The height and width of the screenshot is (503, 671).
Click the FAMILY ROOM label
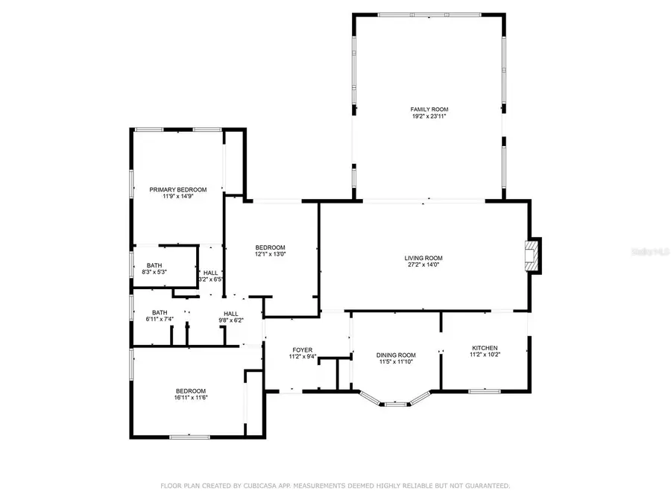[429, 109]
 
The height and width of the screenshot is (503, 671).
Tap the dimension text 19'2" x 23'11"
[429, 116]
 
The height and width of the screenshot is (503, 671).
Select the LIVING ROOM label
[423, 258]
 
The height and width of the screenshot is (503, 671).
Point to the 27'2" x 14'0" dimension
[423, 265]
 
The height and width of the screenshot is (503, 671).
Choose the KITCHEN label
[485, 348]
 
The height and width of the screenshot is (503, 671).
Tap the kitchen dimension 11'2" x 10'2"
[485, 355]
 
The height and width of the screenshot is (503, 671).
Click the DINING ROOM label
[395, 355]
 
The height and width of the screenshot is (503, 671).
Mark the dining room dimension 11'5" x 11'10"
[395, 362]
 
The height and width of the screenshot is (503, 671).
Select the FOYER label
[302, 349]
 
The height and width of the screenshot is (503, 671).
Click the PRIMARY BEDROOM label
[177, 189]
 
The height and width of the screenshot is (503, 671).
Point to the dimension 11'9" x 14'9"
[177, 197]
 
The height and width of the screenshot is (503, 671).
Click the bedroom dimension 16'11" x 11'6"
[191, 398]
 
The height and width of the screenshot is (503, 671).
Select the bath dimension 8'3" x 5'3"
[154, 272]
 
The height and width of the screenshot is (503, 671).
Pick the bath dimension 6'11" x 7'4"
[159, 320]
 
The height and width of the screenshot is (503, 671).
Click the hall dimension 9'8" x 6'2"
[230, 320]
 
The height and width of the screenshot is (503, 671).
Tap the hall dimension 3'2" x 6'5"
[211, 280]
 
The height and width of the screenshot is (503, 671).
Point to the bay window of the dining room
[395, 403]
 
